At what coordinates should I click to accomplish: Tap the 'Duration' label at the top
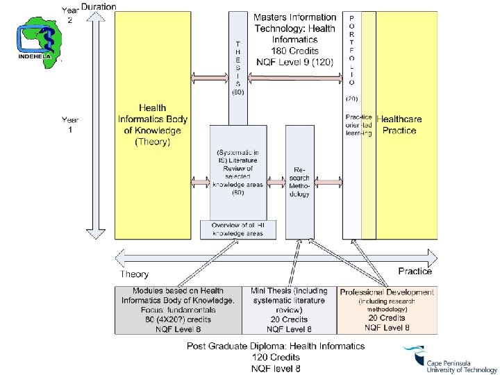tap(99, 7)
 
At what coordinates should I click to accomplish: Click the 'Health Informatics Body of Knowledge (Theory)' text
tap(153, 125)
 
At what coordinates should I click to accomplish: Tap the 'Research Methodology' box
tap(299, 182)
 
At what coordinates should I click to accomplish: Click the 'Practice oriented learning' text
tap(358, 125)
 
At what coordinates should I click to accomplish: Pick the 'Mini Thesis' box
tap(287, 310)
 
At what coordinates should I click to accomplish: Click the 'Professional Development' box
tap(387, 310)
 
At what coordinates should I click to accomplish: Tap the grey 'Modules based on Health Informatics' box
tap(178, 310)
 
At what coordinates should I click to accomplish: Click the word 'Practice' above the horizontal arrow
tap(415, 271)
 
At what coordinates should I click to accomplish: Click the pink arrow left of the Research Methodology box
tap(278, 183)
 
